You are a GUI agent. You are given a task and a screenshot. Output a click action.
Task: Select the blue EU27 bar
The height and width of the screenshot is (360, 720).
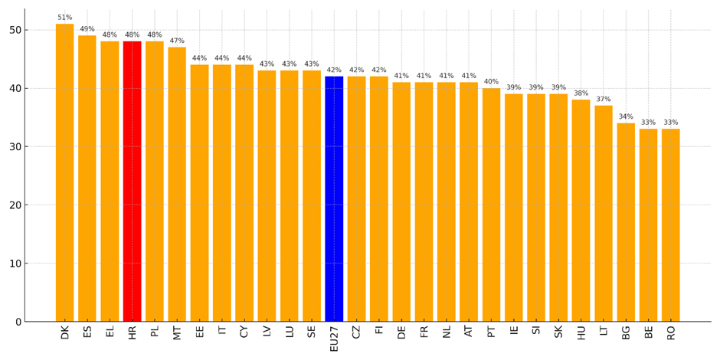[334, 198]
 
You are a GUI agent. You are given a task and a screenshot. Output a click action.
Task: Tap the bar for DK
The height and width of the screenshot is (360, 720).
[64, 172]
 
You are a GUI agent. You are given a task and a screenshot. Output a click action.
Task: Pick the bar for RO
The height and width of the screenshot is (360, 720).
[670, 225]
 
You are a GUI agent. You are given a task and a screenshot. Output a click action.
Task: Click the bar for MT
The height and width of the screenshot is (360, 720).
[177, 184]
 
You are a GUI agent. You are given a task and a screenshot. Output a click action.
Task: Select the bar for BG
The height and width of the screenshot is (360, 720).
[626, 222]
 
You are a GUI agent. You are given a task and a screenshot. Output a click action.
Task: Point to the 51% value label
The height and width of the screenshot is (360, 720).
[64, 18]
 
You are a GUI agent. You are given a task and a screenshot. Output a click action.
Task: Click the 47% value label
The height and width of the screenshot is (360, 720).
[177, 41]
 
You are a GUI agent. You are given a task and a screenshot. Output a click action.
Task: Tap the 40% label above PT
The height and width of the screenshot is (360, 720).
[491, 82]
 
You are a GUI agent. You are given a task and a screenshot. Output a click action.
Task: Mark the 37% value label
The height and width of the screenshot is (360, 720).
[604, 100]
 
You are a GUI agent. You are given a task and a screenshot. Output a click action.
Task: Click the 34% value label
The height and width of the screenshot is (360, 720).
[626, 117]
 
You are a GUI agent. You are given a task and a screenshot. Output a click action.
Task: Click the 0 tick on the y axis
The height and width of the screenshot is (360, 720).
[16, 322]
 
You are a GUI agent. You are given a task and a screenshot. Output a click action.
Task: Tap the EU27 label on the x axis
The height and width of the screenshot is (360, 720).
[334, 337]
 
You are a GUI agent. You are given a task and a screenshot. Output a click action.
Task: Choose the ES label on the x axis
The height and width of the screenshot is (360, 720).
[87, 332]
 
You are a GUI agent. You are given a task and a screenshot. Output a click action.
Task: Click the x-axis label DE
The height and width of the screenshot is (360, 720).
[401, 332]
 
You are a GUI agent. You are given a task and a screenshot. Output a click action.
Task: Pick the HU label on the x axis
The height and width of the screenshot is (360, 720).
[581, 332]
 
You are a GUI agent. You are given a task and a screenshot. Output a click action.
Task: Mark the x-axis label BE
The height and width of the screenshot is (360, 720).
[649, 332]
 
